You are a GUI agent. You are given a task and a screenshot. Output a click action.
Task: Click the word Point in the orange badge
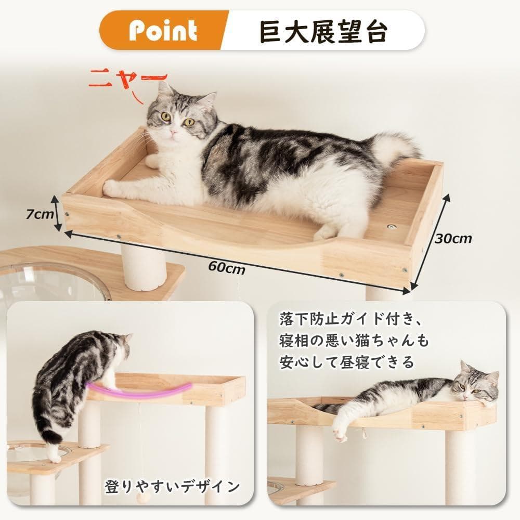163,31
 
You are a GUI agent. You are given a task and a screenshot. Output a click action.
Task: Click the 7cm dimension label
40,213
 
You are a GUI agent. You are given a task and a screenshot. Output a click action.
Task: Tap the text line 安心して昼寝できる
345,361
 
